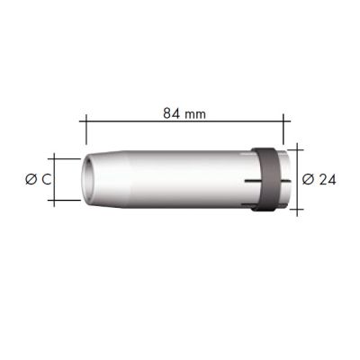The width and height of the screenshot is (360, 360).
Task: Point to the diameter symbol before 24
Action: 307,178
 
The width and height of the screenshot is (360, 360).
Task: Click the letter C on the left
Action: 45,180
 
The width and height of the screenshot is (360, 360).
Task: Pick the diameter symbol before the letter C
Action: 30,180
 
